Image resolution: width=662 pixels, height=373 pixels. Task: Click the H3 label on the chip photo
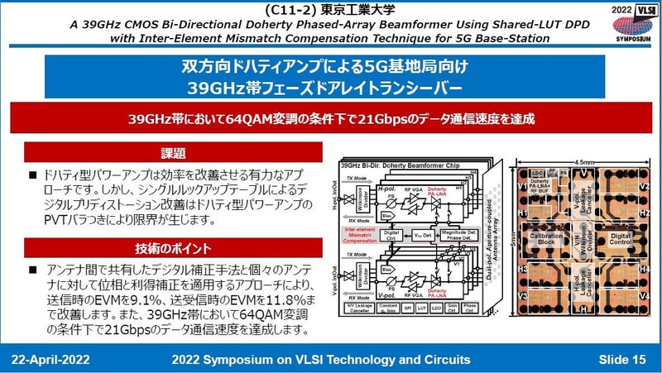(x=524, y=270)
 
